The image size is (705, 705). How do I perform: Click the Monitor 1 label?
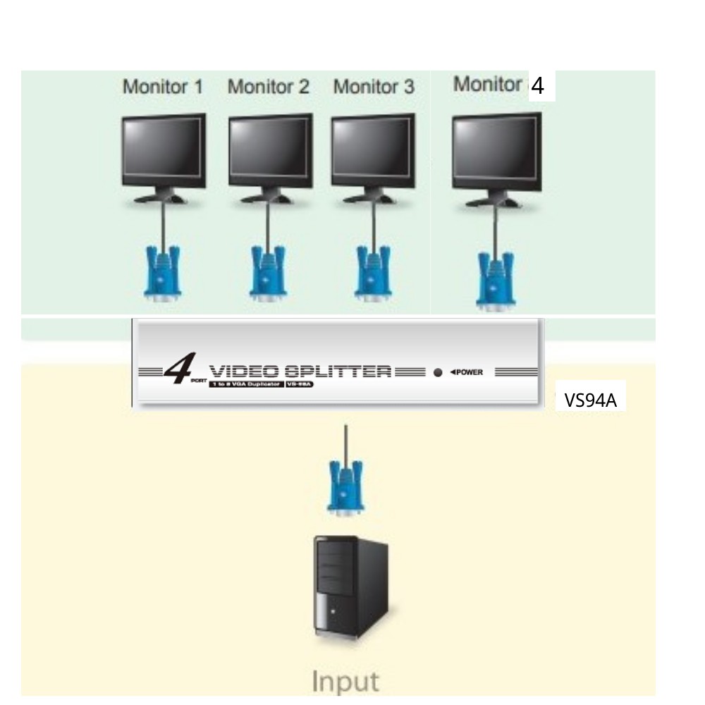click(162, 87)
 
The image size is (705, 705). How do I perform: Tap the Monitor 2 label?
click(269, 87)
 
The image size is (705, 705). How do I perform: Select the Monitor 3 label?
click(374, 87)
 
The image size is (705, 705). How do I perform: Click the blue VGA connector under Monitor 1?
click(163, 273)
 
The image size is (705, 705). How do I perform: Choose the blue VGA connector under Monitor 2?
click(269, 273)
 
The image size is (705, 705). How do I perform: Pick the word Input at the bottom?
click(345, 682)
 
